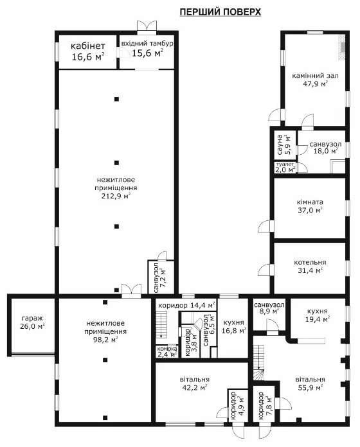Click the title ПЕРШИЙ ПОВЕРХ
[221, 12]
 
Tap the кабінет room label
[88, 46]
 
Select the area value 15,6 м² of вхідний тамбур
[147, 53]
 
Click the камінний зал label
[315, 76]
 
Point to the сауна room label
[280, 145]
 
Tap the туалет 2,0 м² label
[285, 168]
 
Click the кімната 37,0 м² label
[310, 206]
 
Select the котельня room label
[310, 262]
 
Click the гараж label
[32, 318]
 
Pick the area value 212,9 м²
[116, 196]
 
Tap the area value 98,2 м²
[106, 340]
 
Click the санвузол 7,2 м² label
[159, 277]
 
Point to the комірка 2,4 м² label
[167, 351]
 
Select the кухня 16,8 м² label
[233, 326]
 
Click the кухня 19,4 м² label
[318, 315]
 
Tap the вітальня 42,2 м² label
[195, 383]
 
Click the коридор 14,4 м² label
[186, 305]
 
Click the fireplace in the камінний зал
[342, 48]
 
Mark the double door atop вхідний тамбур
[147, 26]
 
